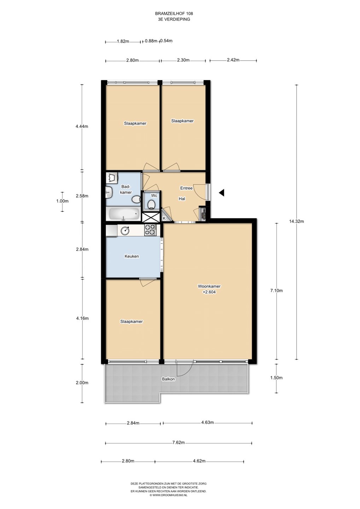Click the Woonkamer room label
209,286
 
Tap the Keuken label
132,256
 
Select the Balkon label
168,379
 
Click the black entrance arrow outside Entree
222,193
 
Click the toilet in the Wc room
151,204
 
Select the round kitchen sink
125,230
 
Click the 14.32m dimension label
296,221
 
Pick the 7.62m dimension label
179,443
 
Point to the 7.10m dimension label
276,291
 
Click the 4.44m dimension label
82,126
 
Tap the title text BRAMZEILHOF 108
174,14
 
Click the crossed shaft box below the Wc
151,217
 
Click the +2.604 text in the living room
209,292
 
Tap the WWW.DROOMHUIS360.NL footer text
168,495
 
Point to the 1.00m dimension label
62,201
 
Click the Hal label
182,199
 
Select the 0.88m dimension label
151,41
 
